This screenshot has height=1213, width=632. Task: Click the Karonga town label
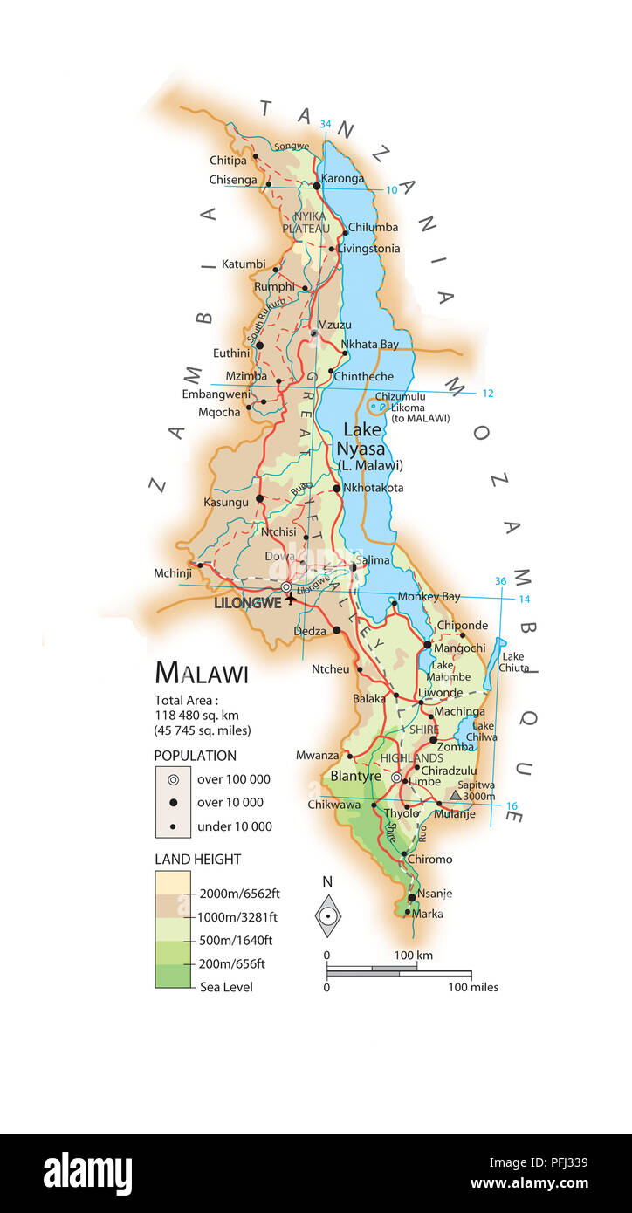coord(342,179)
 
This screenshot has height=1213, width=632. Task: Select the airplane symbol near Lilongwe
coord(291,599)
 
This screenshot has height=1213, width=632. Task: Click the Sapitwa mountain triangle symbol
coord(455,795)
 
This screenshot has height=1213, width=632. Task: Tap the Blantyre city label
coord(355,776)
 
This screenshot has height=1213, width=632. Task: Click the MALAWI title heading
coord(202,674)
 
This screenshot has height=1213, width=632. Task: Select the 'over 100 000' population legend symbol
coord(173,779)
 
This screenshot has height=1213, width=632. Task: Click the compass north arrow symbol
coord(327,915)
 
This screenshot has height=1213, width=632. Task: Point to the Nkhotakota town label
coord(374,488)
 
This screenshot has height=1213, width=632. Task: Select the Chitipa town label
coord(228,160)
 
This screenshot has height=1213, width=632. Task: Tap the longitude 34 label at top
coord(326,124)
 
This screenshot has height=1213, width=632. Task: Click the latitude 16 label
coord(512,806)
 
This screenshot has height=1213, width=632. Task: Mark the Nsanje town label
coord(435,894)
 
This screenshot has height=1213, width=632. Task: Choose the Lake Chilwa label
coord(484,731)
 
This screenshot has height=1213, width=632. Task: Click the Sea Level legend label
coord(226,987)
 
